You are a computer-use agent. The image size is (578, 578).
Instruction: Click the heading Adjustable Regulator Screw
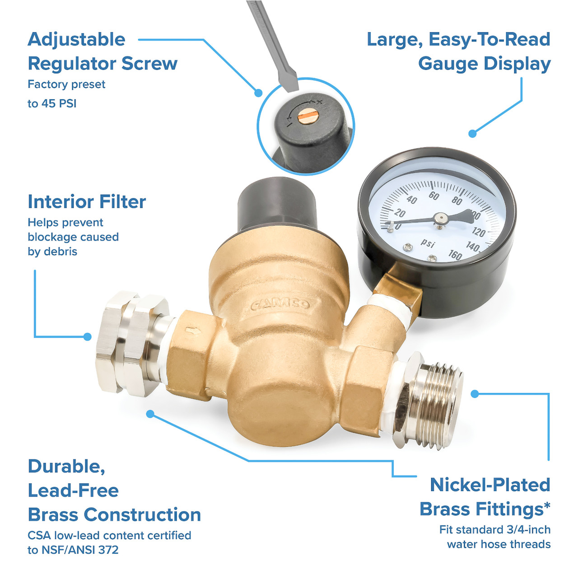coord(103,51)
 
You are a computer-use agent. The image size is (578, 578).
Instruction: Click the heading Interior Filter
coord(87,202)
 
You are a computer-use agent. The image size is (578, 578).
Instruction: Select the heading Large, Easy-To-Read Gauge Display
coord(459,51)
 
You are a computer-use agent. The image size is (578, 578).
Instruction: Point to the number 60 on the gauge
coord(433,196)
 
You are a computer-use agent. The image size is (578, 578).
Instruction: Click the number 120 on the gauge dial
coord(478,233)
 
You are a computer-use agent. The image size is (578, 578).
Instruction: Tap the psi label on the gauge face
coord(428,243)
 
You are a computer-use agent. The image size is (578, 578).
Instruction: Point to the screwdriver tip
coord(288,84)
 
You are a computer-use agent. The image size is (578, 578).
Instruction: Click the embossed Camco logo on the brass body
coord(281,304)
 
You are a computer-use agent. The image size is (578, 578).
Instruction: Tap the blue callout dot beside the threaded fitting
coord(475,394)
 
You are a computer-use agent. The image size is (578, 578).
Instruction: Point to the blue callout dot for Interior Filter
coord(88,336)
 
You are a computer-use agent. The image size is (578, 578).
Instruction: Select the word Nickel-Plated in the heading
coord(490,485)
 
